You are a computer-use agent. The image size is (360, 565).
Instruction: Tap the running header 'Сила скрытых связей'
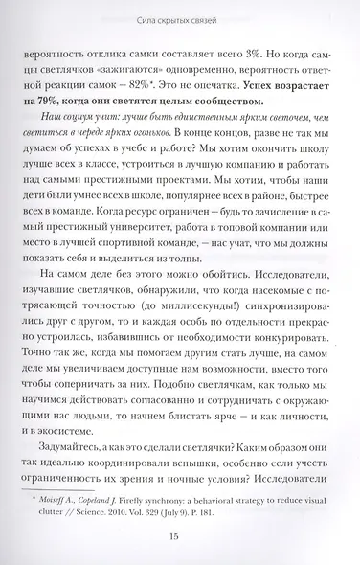[x=180, y=15]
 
